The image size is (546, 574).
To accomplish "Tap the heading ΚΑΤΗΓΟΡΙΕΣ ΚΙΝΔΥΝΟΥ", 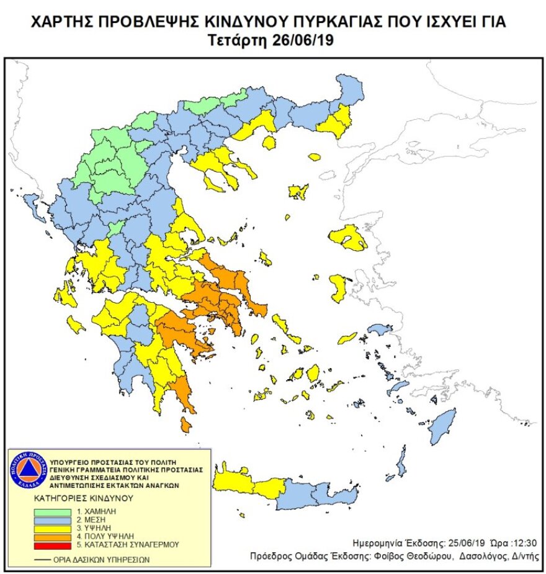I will coord(84,498).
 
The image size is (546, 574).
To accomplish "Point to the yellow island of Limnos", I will coord(299,192).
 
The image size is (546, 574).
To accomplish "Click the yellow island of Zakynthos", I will coord(76,324).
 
